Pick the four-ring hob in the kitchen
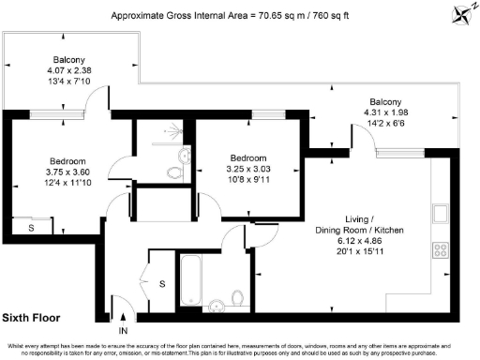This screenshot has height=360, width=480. [x=438, y=249]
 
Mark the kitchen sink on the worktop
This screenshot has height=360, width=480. [x=439, y=213]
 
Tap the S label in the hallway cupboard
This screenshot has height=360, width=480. [x=160, y=282]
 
